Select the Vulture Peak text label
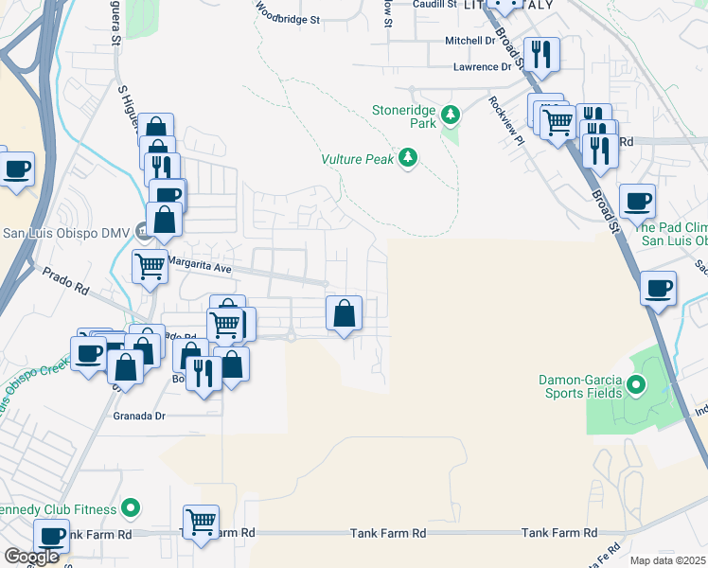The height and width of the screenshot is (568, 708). click(x=357, y=159)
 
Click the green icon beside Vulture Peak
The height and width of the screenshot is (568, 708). click(x=408, y=157)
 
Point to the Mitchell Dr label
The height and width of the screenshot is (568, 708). click(x=470, y=41)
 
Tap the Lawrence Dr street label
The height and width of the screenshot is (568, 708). click(x=482, y=67)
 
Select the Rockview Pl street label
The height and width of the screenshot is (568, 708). click(x=506, y=119)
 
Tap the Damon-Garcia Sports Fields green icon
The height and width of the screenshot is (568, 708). click(x=635, y=385)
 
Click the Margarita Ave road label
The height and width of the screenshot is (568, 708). click(x=199, y=268)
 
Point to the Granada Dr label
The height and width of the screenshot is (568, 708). click(x=139, y=416)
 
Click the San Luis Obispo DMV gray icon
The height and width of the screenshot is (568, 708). click(x=141, y=229)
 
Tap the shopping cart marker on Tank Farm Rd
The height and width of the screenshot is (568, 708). click(x=201, y=521)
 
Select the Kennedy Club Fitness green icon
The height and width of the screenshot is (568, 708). click(x=133, y=509)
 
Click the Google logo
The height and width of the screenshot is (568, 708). click(x=31, y=557)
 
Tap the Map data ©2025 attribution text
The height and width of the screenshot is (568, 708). click(x=667, y=560)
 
